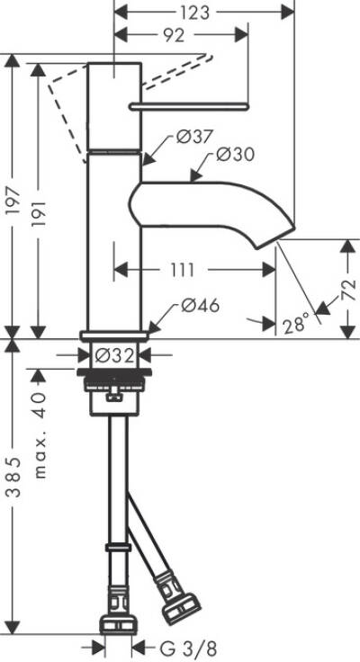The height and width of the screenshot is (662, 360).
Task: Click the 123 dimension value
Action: [x=195, y=13]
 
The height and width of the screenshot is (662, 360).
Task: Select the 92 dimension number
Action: [x=173, y=36]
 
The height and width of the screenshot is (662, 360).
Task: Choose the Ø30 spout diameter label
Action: [x=236, y=155]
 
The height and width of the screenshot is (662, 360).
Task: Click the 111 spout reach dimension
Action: [x=195, y=269]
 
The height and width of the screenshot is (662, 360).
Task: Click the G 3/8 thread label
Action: [x=187, y=647]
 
